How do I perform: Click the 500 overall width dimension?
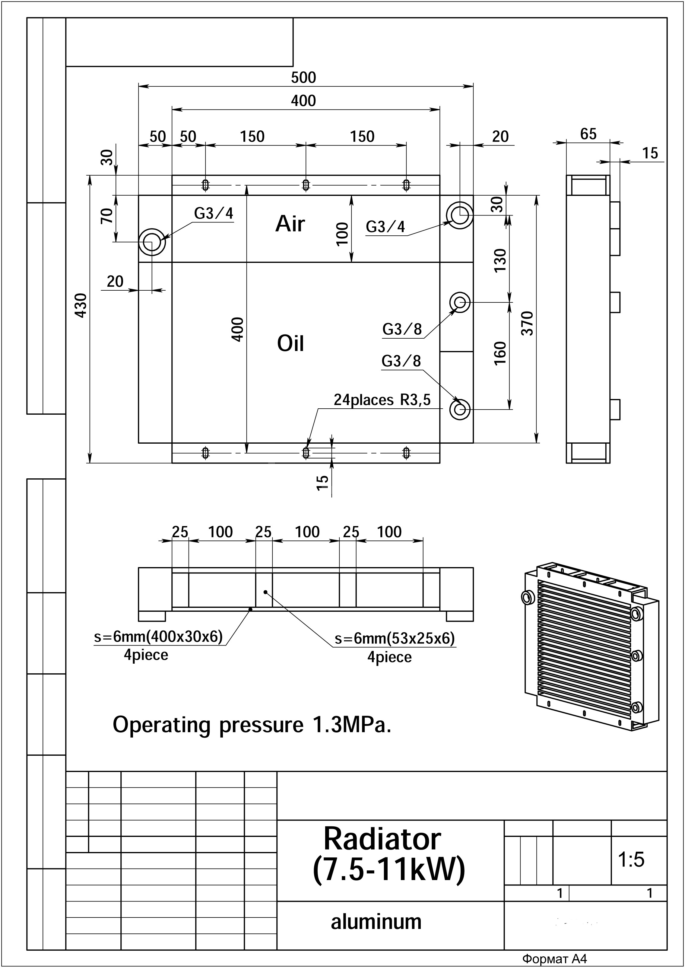tap(303, 78)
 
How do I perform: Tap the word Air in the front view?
tap(290, 224)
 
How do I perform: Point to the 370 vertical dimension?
tap(528, 324)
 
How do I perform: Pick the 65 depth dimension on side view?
tap(588, 134)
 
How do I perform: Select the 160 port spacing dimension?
tap(500, 353)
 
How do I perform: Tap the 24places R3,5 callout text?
tap(382, 400)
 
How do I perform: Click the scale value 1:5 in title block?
tap(631, 859)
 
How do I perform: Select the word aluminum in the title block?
tap(376, 921)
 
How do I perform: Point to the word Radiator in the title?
tap(382, 839)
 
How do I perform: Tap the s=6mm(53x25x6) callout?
tap(395, 638)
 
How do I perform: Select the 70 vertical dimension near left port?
tap(108, 215)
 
